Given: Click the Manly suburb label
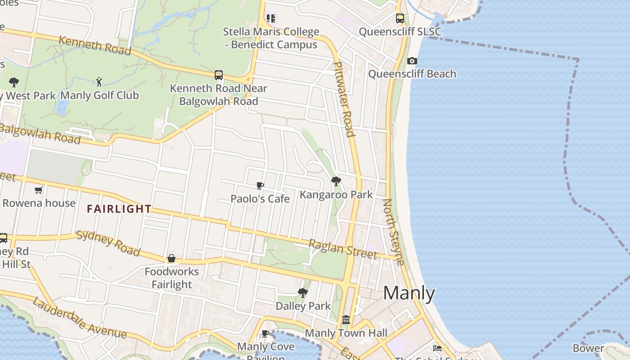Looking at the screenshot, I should (409, 293).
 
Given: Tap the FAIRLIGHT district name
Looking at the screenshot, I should (119, 209).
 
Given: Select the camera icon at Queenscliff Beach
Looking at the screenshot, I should (412, 61).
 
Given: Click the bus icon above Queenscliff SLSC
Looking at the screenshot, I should (400, 18).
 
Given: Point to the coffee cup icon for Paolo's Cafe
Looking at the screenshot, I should (260, 185).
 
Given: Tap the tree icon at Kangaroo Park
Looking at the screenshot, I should (336, 181).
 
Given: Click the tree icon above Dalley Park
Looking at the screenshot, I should (303, 293).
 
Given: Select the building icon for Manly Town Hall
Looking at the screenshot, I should (346, 320).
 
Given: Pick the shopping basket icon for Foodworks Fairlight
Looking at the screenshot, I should (171, 258).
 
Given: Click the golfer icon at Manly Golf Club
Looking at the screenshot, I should (99, 82).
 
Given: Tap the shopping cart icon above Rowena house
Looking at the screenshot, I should (39, 190).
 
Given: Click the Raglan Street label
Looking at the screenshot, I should (342, 249).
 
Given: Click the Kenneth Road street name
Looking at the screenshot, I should (94, 45).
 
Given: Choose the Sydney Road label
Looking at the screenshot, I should (108, 243).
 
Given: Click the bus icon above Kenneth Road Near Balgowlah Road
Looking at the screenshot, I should (219, 75).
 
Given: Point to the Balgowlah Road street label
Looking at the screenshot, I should (40, 133).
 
